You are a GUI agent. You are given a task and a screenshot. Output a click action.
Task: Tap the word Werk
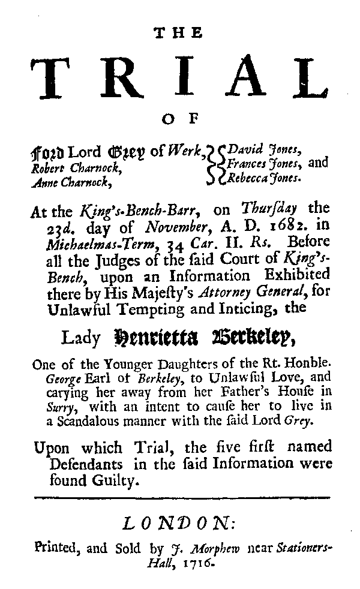coord(191,154)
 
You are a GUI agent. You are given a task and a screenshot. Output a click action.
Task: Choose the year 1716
coord(199,564)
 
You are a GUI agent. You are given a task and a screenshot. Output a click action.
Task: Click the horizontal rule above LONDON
coord(182,497)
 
